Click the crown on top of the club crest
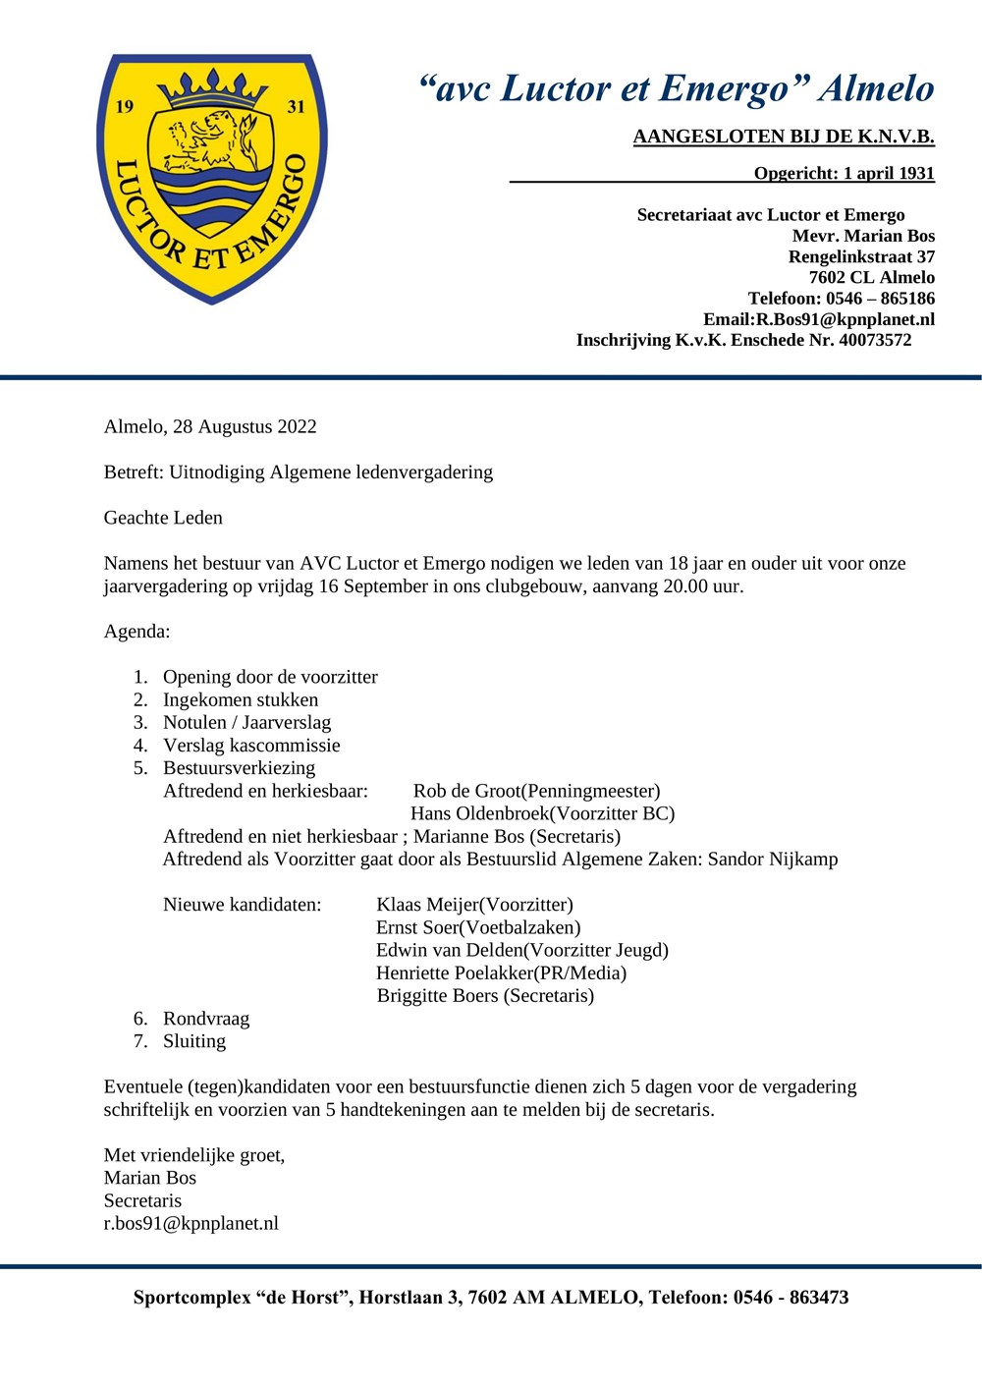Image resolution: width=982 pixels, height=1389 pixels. pyautogui.click(x=212, y=87)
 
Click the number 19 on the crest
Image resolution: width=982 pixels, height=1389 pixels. pyautogui.click(x=125, y=106)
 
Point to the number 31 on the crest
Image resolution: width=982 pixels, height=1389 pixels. pyautogui.click(x=296, y=106)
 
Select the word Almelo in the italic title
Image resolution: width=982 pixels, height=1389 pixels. pyautogui.click(x=876, y=88)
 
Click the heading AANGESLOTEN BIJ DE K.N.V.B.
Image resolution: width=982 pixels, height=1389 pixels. pyautogui.click(x=783, y=137)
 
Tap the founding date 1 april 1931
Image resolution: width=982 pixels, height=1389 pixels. pyautogui.click(x=889, y=173)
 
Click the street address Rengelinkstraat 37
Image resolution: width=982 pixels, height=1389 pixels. pyautogui.click(x=861, y=256)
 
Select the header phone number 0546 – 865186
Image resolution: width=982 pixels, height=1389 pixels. pyautogui.click(x=880, y=298)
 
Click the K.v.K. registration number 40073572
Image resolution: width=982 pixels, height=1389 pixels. pyautogui.click(x=875, y=340)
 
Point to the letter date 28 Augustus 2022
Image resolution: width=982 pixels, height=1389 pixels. pyautogui.click(x=245, y=426)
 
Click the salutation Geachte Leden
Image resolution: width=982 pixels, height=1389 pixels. pyautogui.click(x=163, y=518)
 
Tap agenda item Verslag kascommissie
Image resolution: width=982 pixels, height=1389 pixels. pyautogui.click(x=251, y=745)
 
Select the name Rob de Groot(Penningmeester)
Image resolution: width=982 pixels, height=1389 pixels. pyautogui.click(x=536, y=791)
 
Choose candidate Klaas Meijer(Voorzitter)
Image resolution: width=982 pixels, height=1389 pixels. pyautogui.click(x=474, y=905)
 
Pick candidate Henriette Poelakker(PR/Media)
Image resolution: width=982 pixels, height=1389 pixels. pyautogui.click(x=501, y=972)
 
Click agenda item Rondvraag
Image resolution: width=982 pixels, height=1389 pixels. pyautogui.click(x=206, y=1019)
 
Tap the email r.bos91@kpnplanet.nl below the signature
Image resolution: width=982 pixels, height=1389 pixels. pyautogui.click(x=191, y=1223)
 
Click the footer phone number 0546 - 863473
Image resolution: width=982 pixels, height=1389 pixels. pyautogui.click(x=791, y=1297)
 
